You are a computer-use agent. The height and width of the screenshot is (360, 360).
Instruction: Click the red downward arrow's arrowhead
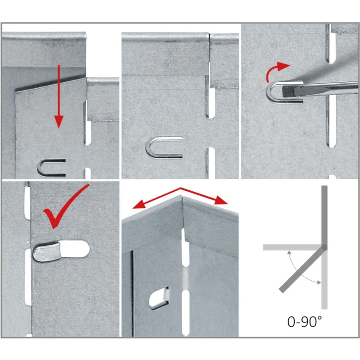(x=59, y=121)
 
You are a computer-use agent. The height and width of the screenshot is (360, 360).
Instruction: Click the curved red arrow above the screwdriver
(x=277, y=71)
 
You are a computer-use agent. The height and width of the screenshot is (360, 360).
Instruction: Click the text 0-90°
(x=305, y=321)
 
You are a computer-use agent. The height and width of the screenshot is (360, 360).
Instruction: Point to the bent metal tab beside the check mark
(x=47, y=252)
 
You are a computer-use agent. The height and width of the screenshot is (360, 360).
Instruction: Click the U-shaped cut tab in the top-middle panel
(x=164, y=148)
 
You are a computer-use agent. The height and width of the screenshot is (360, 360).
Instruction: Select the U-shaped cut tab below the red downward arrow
(x=51, y=168)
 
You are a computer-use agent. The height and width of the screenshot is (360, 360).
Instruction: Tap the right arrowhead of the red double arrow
(x=221, y=200)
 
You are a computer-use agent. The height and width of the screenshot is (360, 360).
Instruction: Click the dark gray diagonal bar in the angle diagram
(x=302, y=270)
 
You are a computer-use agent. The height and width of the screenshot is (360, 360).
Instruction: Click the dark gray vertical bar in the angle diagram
(x=324, y=216)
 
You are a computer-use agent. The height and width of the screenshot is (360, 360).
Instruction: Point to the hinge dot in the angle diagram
(x=324, y=247)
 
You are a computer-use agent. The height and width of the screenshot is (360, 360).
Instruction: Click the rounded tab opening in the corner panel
(x=158, y=298)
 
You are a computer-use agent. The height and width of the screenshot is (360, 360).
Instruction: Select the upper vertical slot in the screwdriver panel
(x=331, y=43)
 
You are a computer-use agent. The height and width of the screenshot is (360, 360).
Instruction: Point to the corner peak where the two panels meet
(x=182, y=196)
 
